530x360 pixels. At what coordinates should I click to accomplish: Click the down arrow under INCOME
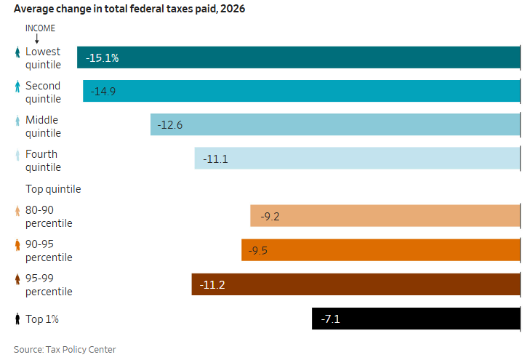[x=36, y=38]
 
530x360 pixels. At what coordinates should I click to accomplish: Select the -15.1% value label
[x=102, y=57]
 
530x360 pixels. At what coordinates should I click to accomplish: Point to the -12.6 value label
[x=170, y=125]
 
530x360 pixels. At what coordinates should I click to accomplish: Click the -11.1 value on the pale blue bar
[x=215, y=159]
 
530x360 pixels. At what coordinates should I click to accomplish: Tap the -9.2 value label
[x=270, y=216]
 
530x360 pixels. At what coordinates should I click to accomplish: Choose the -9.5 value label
[x=258, y=250]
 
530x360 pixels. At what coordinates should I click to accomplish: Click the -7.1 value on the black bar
[x=332, y=319]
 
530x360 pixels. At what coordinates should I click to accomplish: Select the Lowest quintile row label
[x=43, y=58]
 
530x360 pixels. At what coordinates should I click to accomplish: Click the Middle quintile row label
[x=43, y=127]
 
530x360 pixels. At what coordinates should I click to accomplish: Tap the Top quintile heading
[x=53, y=189]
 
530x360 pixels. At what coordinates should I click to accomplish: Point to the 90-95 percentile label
[x=49, y=251]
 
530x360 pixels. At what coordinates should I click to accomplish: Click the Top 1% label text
[x=41, y=319]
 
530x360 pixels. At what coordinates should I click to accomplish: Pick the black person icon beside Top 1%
[x=17, y=319]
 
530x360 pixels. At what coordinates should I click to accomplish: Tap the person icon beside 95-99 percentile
[x=17, y=279]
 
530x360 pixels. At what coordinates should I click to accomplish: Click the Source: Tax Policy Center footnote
[x=65, y=350]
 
